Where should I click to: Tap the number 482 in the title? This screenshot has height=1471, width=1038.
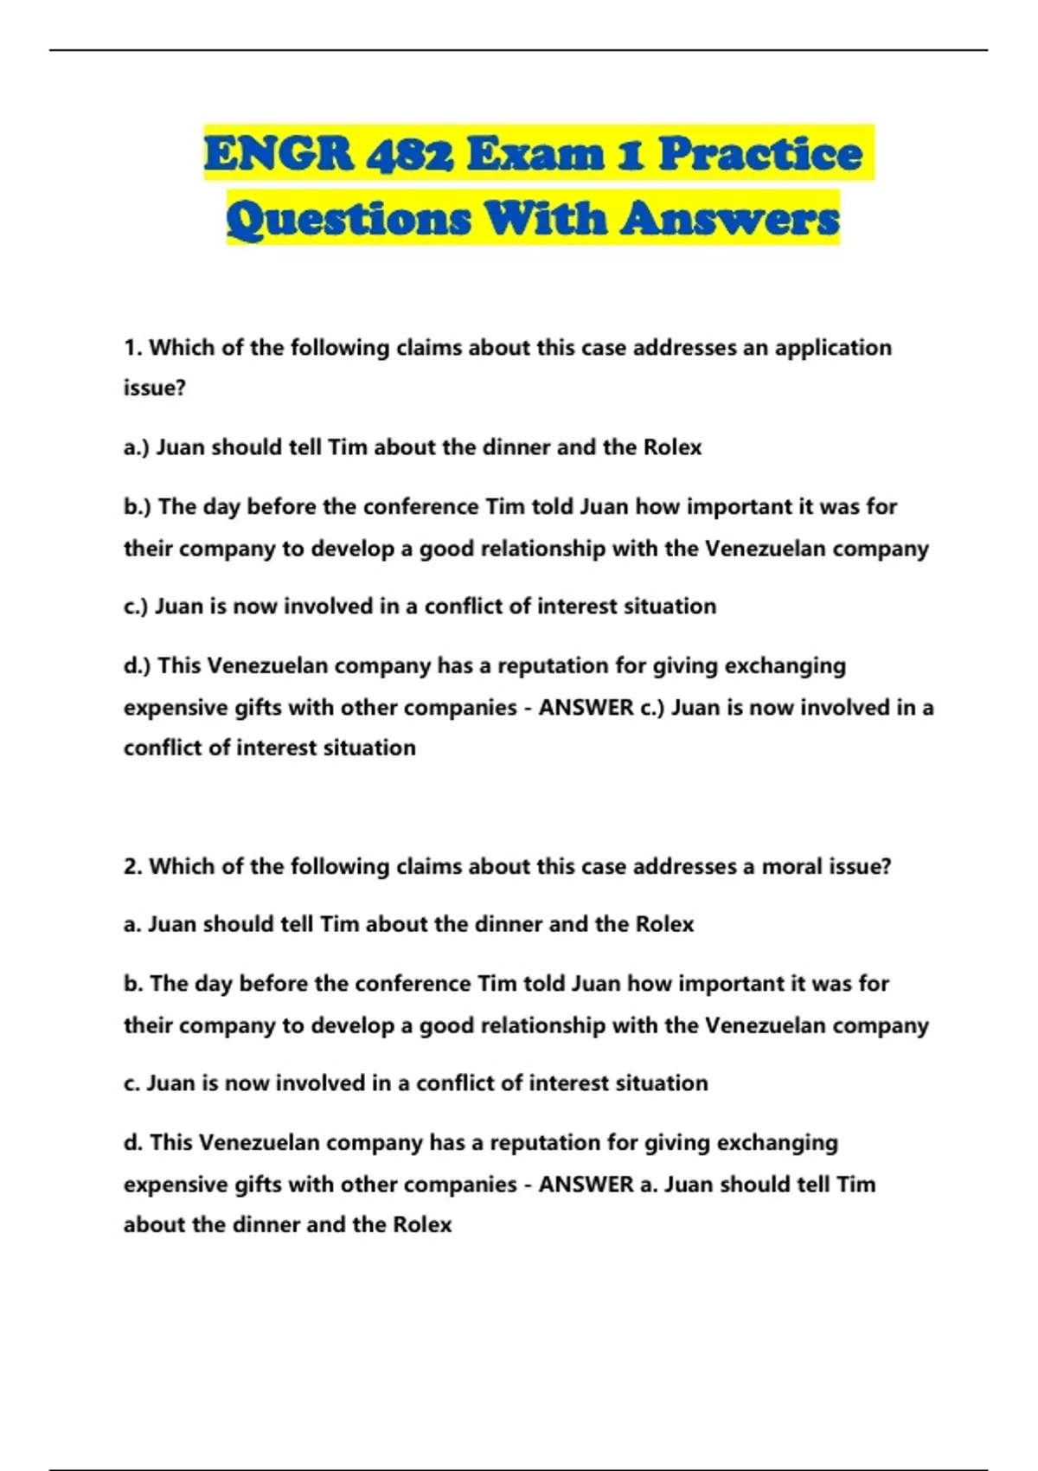410,154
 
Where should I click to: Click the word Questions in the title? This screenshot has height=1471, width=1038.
349,218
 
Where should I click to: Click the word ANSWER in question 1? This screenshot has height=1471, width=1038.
586,708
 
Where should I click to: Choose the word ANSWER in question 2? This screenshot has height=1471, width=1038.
586,1185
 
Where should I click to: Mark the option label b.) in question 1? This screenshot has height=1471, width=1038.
138,506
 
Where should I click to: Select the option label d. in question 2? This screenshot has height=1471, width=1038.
133,1142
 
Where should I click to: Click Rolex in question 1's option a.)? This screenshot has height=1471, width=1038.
672,447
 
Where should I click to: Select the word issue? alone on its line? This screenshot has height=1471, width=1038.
155,389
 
